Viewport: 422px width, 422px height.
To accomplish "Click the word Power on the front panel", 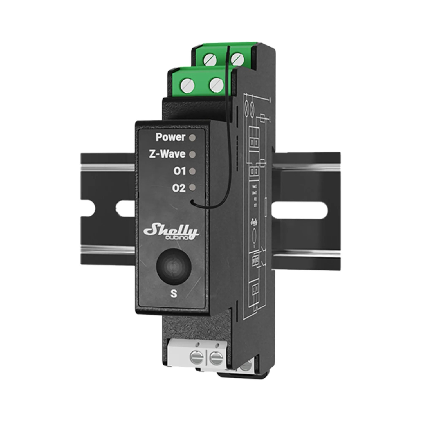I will [170, 138].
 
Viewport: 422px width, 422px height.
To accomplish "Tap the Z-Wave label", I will [167, 154].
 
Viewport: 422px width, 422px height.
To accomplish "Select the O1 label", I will [179, 171].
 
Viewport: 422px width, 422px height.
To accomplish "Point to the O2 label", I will [179, 188].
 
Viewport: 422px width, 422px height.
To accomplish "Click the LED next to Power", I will [193, 138].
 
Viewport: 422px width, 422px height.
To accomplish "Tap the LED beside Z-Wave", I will [193, 154].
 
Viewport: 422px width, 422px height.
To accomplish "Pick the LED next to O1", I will [193, 171].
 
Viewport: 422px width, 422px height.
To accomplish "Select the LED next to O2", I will [193, 188].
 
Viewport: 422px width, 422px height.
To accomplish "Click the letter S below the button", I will [174, 294].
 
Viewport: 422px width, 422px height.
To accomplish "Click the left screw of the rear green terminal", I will [210, 59].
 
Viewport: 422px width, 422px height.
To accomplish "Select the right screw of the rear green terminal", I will [237, 59].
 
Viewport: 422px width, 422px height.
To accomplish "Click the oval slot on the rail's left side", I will [125, 208].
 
